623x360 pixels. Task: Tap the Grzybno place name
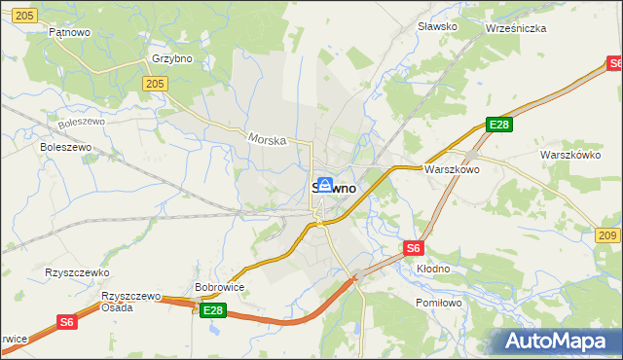click(x=171, y=58)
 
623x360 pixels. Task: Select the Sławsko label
click(x=436, y=26)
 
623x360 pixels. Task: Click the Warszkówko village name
click(x=569, y=155)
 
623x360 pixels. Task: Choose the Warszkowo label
click(x=451, y=169)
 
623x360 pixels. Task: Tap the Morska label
click(x=267, y=140)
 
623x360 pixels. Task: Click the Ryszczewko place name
click(x=77, y=273)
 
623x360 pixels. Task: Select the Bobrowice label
click(x=219, y=287)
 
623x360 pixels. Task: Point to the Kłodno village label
click(x=433, y=268)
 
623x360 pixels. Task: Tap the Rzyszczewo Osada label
click(x=130, y=301)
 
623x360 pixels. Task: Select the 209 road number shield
click(x=607, y=235)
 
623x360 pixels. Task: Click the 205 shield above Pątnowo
click(x=26, y=15)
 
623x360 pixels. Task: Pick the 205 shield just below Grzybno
click(x=154, y=85)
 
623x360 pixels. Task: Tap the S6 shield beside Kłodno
click(x=414, y=248)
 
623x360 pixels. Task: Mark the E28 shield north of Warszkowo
click(x=499, y=125)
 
